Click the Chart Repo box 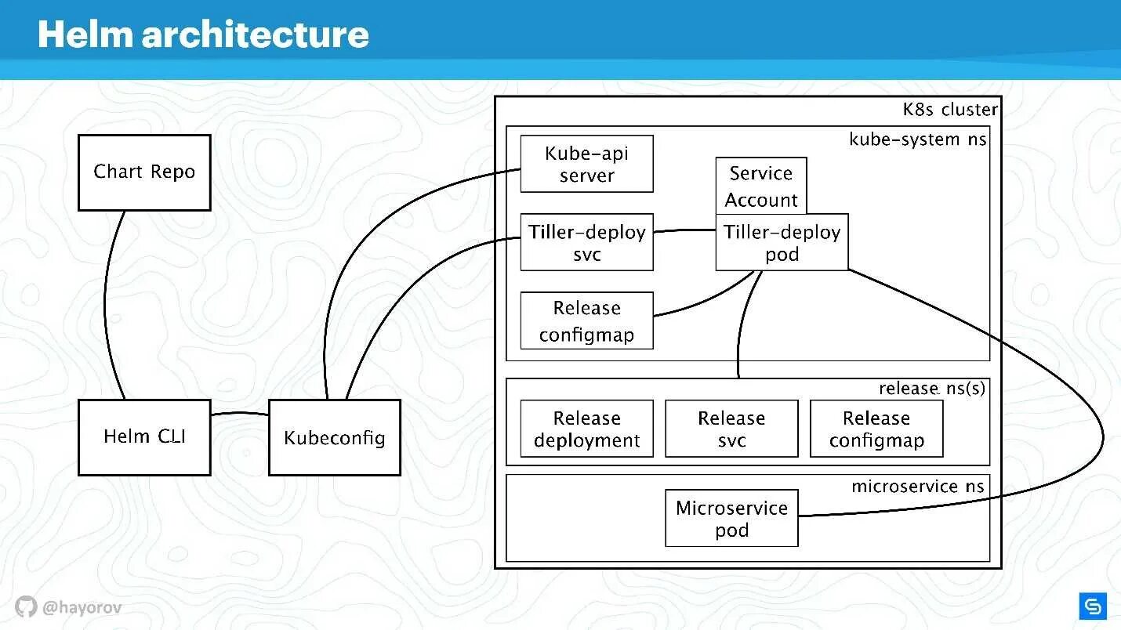pyautogui.click(x=144, y=172)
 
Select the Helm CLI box pyautogui.click(x=144, y=437)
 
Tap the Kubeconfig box pyautogui.click(x=335, y=437)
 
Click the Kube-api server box pyautogui.click(x=586, y=164)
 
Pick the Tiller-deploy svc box pyautogui.click(x=586, y=243)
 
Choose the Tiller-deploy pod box pyautogui.click(x=782, y=243)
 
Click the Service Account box pyautogui.click(x=760, y=186)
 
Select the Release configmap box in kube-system pyautogui.click(x=586, y=321)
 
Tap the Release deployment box pyautogui.click(x=586, y=429)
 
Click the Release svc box pyautogui.click(x=731, y=429)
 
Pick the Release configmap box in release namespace pyautogui.click(x=876, y=429)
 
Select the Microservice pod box pyautogui.click(x=731, y=519)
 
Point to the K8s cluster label pyautogui.click(x=950, y=110)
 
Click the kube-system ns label pyautogui.click(x=917, y=139)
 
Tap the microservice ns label pyautogui.click(x=917, y=487)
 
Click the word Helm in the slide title pyautogui.click(x=85, y=34)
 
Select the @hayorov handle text pyautogui.click(x=82, y=607)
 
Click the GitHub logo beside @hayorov pyautogui.click(x=26, y=606)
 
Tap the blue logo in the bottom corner pyautogui.click(x=1092, y=606)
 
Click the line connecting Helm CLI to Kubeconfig pyautogui.click(x=239, y=414)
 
